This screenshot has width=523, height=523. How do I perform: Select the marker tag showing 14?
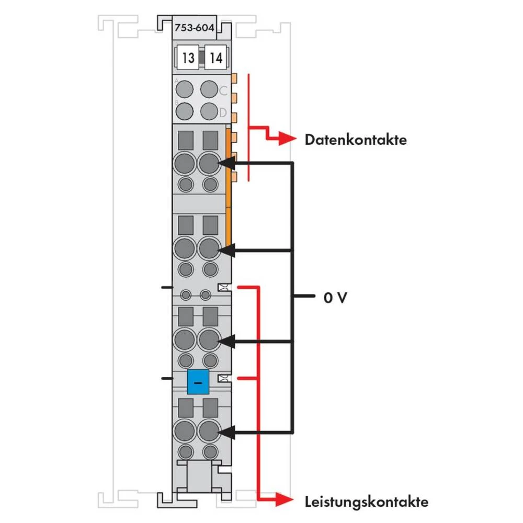tap(215, 58)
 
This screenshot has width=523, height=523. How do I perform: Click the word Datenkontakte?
tap(356, 140)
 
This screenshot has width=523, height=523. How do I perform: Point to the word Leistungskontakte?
tap(367, 502)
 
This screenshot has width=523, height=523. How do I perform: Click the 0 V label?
tap(335, 298)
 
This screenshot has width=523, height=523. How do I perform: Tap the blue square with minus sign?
tap(197, 382)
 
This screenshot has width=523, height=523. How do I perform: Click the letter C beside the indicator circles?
tap(223, 90)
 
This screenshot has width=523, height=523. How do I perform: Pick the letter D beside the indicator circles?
tap(223, 112)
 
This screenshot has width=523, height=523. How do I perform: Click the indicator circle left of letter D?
tap(209, 111)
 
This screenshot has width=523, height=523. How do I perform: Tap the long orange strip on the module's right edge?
tap(229, 188)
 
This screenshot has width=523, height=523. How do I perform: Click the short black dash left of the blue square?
tap(167, 377)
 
